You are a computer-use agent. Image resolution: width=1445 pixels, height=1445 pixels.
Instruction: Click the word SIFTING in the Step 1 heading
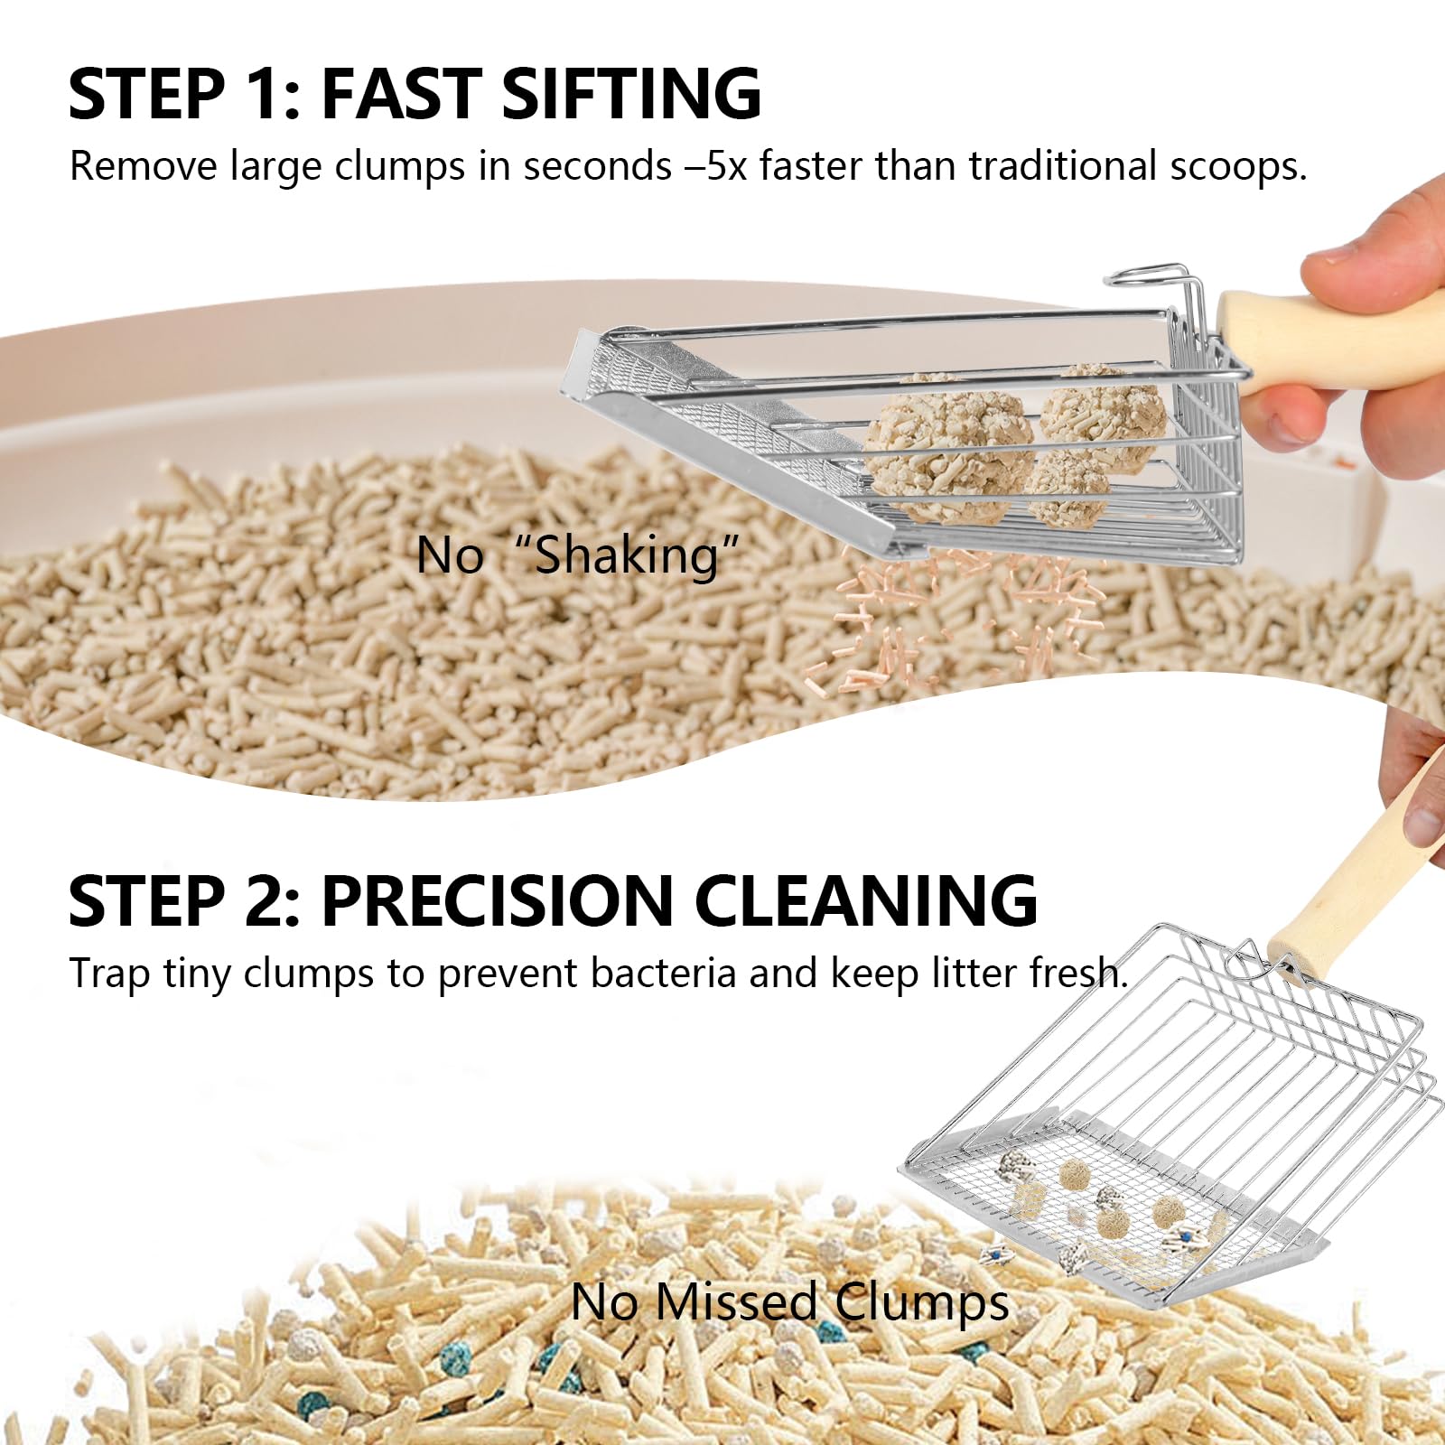[630, 93]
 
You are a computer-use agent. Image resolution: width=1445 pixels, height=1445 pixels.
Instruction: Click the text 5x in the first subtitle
[727, 166]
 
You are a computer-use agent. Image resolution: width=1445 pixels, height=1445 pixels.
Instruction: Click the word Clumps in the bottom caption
[921, 1302]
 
